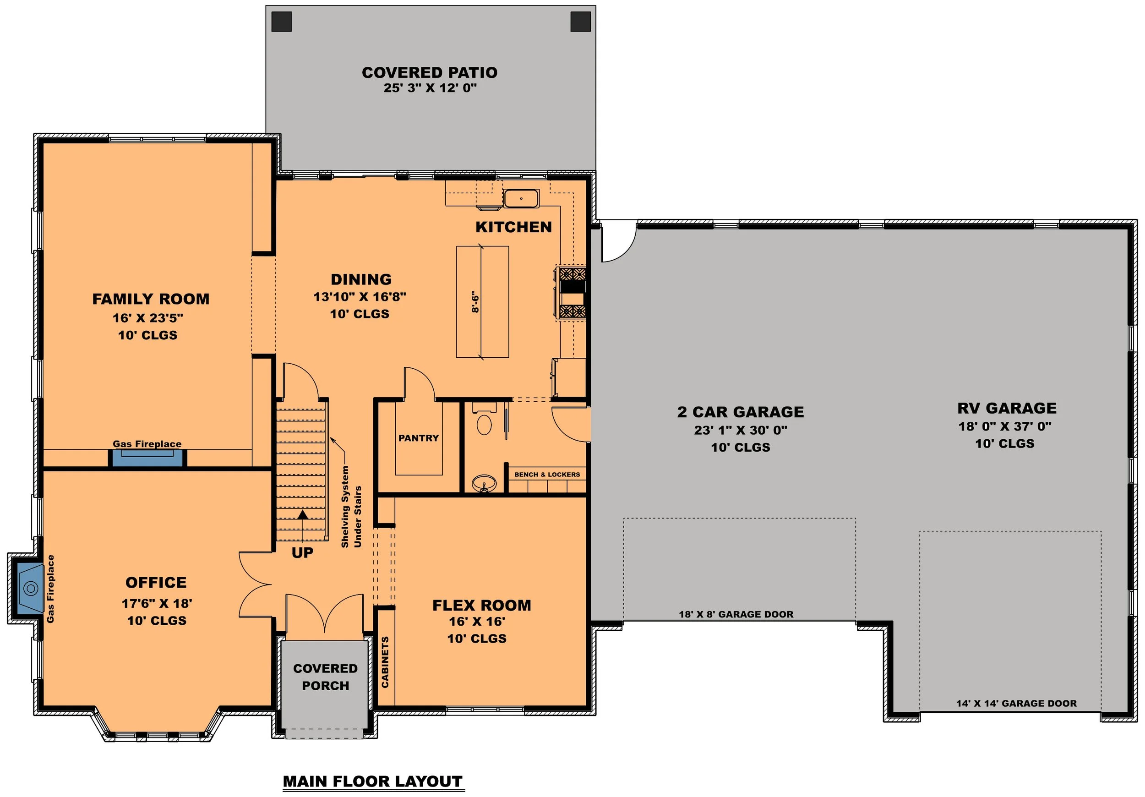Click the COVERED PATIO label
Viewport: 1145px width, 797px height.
click(x=430, y=72)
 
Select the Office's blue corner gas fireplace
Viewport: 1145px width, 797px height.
click(x=30, y=588)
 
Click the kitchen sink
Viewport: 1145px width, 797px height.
click(x=521, y=198)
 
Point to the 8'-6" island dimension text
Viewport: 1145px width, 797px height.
click(x=475, y=302)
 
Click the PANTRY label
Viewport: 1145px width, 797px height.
click(x=419, y=438)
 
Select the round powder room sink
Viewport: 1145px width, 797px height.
click(x=484, y=483)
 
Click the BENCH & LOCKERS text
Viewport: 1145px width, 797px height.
click(x=547, y=475)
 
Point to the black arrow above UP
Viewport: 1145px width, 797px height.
click(x=302, y=515)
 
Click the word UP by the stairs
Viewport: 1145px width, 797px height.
click(x=302, y=552)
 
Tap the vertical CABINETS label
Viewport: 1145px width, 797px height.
click(x=385, y=662)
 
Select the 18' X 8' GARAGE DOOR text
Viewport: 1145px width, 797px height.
click(x=736, y=614)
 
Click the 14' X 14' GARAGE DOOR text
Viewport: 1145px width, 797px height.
click(x=1016, y=703)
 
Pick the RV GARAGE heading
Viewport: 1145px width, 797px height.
click(x=1006, y=408)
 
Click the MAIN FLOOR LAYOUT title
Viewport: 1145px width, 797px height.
click(x=372, y=781)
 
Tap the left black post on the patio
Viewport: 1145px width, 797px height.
click(x=281, y=22)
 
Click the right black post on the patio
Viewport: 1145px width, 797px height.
click(x=580, y=22)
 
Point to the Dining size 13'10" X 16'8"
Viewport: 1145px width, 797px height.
click(x=360, y=297)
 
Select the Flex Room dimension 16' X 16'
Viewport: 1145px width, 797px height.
click(x=477, y=622)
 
